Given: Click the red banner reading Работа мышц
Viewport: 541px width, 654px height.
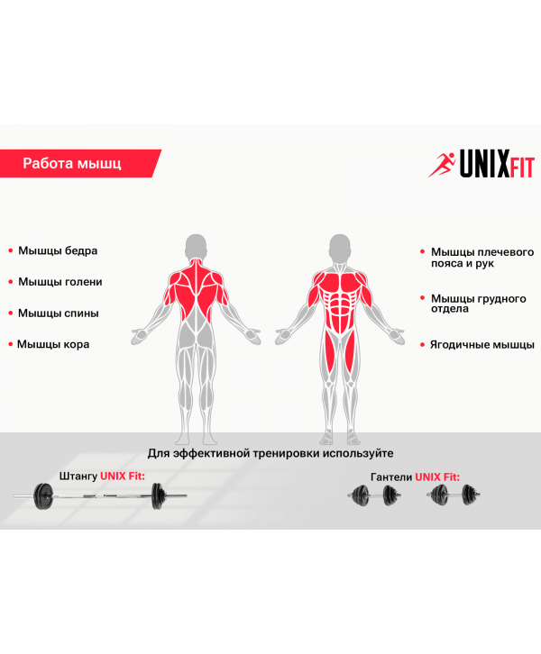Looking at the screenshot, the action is (x=79, y=164).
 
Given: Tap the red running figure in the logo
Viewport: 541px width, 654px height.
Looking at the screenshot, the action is (x=442, y=165).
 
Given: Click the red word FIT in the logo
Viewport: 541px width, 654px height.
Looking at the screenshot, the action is (x=522, y=168).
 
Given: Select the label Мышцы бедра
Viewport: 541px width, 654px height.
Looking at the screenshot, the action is (x=58, y=250).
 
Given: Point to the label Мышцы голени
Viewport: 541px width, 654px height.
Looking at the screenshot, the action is (x=60, y=282).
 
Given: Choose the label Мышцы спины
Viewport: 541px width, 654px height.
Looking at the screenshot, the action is (x=59, y=313).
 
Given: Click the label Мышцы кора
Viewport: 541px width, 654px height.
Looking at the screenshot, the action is (x=53, y=344).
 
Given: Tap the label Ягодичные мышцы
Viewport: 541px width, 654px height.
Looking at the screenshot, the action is (x=482, y=345).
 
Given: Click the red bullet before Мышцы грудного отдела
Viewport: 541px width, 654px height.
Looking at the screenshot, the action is (x=423, y=298).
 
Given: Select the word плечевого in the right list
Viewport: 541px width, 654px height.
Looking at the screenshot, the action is (x=506, y=252).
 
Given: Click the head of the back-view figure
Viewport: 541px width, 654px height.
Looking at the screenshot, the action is (x=196, y=247).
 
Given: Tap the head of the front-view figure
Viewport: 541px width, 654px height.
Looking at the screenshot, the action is (x=340, y=247).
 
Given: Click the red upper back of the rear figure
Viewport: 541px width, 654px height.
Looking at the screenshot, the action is (x=196, y=292).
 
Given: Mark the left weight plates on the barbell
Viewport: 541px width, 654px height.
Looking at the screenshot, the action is (x=43, y=496).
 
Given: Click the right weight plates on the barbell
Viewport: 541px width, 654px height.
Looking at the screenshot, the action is (x=158, y=496).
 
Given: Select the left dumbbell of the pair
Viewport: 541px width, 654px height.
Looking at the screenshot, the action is (x=374, y=495).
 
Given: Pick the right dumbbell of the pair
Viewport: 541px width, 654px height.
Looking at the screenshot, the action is (x=454, y=495).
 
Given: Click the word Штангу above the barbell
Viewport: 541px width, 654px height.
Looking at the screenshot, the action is (x=78, y=477).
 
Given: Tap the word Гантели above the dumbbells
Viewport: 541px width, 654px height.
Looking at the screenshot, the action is (x=391, y=477).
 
